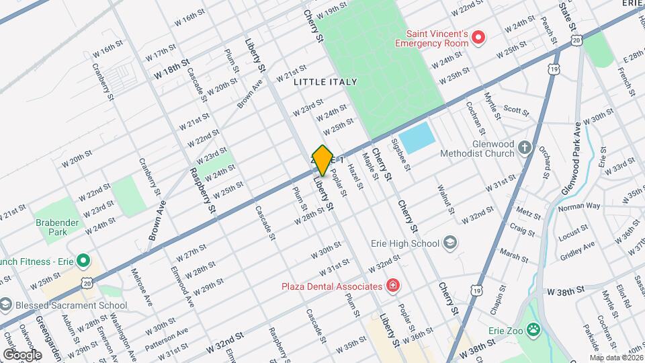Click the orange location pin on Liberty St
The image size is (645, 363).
(x=322, y=160)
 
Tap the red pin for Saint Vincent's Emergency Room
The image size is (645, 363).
(x=478, y=37)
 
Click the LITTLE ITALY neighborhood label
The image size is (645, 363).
(x=325, y=81)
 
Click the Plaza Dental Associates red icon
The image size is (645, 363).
(x=392, y=286)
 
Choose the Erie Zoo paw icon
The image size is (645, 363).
(x=533, y=329)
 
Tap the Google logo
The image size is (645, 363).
(x=22, y=354)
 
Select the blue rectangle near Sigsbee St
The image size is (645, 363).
(x=418, y=137)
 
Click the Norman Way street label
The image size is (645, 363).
(x=579, y=206)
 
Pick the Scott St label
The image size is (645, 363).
(x=516, y=110)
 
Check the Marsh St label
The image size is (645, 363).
(x=513, y=256)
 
